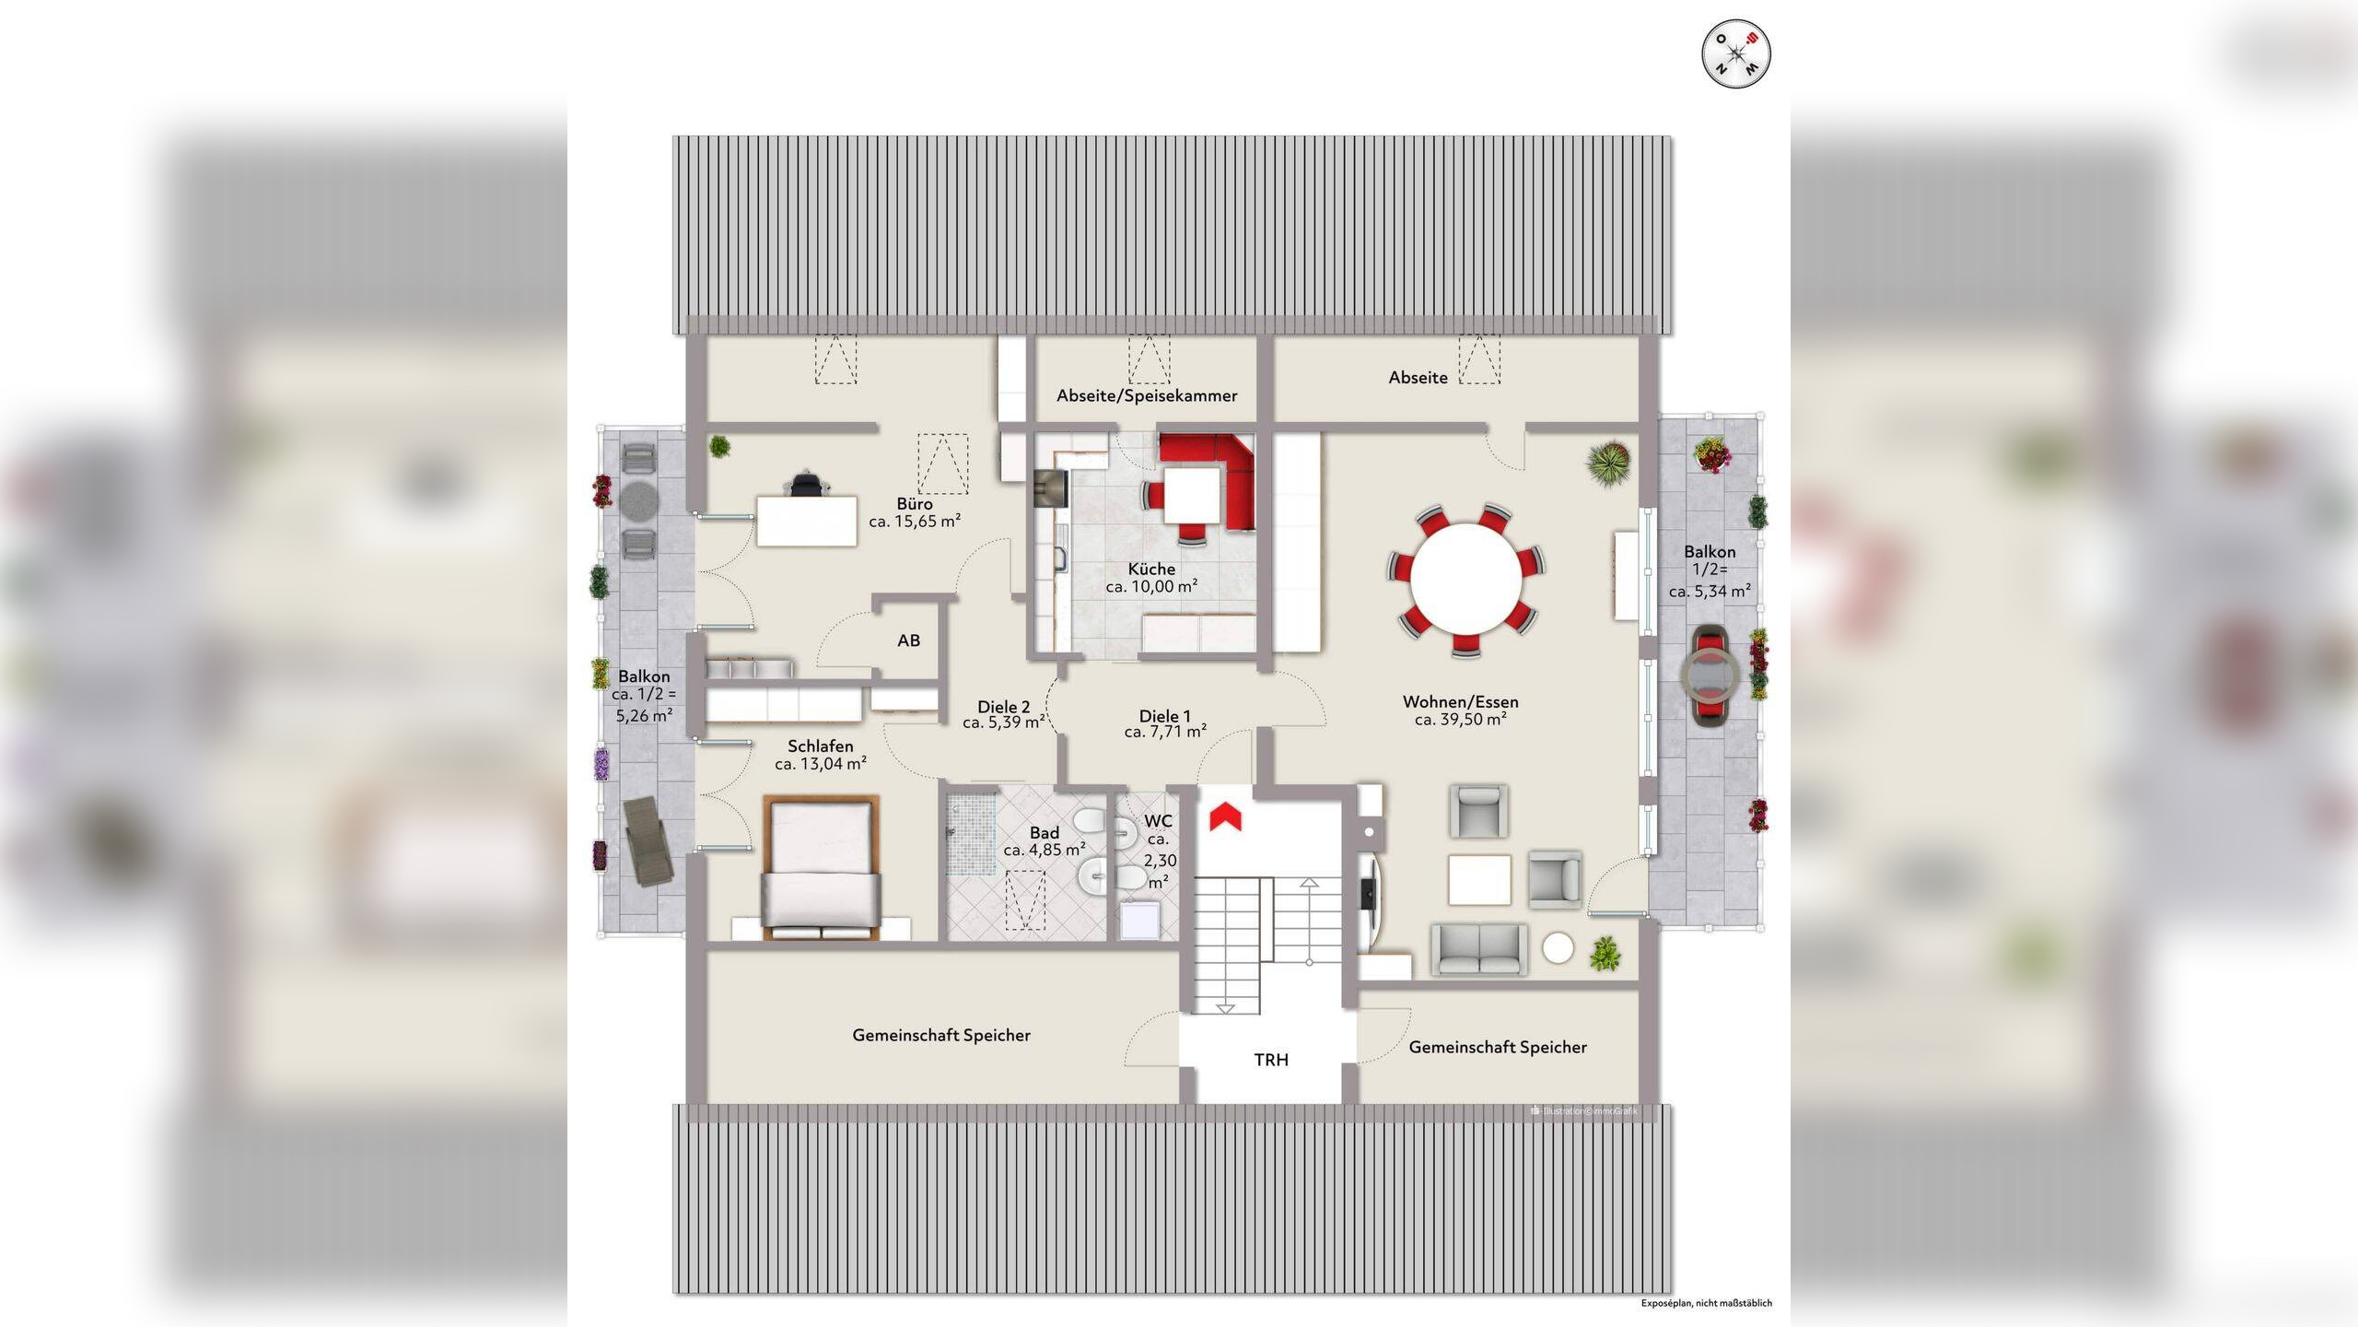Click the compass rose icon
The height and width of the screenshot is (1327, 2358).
pyautogui.click(x=1736, y=54)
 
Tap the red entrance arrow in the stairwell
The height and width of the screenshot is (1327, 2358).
pyautogui.click(x=1225, y=817)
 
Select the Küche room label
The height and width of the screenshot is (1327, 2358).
pyautogui.click(x=1151, y=569)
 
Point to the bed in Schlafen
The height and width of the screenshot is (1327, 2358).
pyautogui.click(x=821, y=866)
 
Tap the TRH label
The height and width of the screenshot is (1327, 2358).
pyautogui.click(x=1271, y=1060)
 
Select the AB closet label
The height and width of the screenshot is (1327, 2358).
pyautogui.click(x=908, y=640)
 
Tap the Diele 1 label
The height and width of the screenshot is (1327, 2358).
pyautogui.click(x=1164, y=716)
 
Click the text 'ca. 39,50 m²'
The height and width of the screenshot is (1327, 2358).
pyautogui.click(x=1460, y=720)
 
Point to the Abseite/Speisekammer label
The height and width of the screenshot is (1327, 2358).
pyautogui.click(x=1147, y=395)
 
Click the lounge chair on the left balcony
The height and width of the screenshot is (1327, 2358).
pyautogui.click(x=648, y=840)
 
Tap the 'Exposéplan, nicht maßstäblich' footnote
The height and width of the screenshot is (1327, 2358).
pyautogui.click(x=1706, y=1303)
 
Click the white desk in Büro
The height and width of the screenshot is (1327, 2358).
pyautogui.click(x=807, y=522)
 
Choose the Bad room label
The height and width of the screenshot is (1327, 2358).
pyautogui.click(x=1045, y=833)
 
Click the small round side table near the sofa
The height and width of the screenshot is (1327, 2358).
pyautogui.click(x=1558, y=948)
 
